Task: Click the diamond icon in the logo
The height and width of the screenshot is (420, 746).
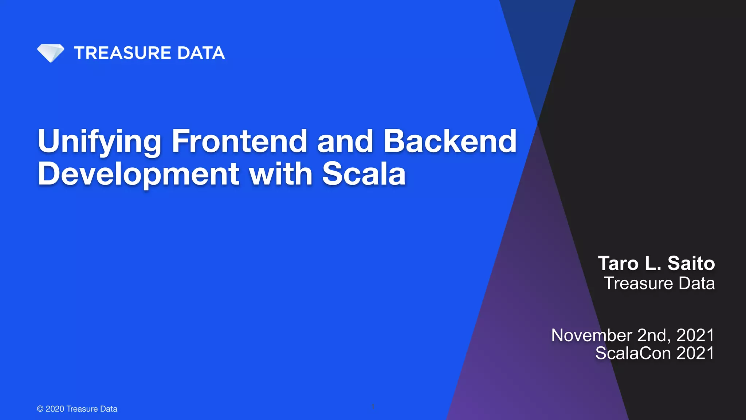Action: (x=51, y=53)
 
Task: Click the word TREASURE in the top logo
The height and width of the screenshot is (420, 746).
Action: (x=123, y=53)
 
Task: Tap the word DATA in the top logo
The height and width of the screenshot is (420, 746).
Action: (x=201, y=53)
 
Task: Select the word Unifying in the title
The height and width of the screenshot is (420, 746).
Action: (x=99, y=141)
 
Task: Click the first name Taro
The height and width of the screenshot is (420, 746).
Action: (x=618, y=263)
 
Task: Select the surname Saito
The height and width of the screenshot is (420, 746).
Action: (x=691, y=263)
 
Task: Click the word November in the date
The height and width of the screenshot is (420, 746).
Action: (x=592, y=335)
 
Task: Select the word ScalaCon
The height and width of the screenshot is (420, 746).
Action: (x=633, y=353)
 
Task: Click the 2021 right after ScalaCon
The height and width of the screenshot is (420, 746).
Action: (x=695, y=353)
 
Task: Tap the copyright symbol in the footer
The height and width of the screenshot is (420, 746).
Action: (x=40, y=409)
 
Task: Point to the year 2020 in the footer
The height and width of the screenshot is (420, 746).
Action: (x=55, y=409)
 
